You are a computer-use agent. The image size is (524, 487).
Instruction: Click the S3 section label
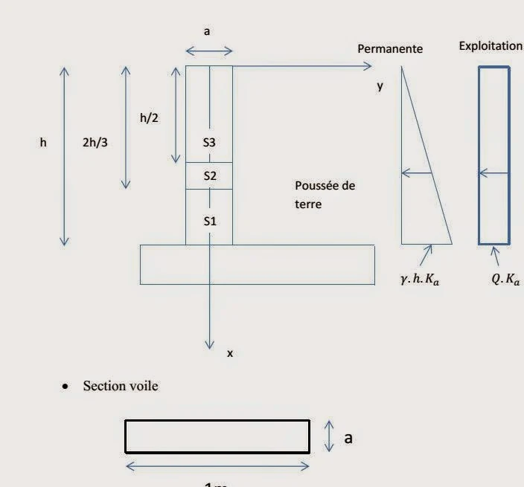tap(209, 141)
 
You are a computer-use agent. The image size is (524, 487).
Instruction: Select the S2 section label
tap(209, 176)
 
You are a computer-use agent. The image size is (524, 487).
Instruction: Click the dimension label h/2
tap(149, 117)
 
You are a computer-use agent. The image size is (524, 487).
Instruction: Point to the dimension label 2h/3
tap(95, 141)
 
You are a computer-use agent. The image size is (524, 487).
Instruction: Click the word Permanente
tap(390, 49)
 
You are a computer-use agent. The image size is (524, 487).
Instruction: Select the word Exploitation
tap(491, 46)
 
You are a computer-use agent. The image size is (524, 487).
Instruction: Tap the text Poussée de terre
tap(324, 194)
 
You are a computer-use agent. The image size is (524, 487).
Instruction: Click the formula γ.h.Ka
tap(420, 280)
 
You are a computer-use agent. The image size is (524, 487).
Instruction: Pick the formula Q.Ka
tap(505, 280)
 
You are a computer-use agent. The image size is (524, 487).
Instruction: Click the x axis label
tap(229, 354)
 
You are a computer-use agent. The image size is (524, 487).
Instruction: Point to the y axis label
tap(380, 86)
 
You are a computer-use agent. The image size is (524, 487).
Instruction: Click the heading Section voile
tap(121, 386)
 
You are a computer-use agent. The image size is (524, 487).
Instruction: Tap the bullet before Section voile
tap(66, 387)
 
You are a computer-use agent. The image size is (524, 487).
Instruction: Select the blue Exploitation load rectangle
tap(493, 155)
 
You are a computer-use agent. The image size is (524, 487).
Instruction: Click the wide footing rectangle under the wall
tap(257, 264)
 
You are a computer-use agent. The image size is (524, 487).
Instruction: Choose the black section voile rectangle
tap(217, 436)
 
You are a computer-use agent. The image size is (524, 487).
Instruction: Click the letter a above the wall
tap(208, 32)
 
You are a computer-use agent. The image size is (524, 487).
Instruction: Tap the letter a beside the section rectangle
tap(347, 438)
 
